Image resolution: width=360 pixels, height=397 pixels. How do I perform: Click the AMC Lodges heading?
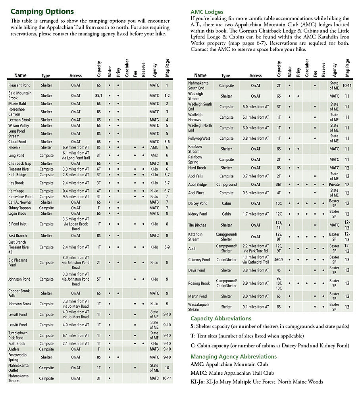[x=207, y=12]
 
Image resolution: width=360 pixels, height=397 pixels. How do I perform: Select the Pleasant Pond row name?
[x=19, y=85]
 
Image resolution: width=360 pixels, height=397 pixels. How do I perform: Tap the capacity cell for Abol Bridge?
[x=279, y=185]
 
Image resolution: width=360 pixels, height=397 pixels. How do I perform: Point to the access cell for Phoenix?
[x=76, y=147]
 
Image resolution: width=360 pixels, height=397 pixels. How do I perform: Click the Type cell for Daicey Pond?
[x=226, y=203]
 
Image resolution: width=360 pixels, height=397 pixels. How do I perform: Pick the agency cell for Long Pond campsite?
[x=154, y=155]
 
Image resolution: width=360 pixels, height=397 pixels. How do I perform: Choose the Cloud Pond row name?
[x=17, y=141]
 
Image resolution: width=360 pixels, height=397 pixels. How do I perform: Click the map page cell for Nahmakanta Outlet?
[x=167, y=368]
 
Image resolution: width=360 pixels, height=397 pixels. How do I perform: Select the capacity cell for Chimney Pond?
[x=279, y=260]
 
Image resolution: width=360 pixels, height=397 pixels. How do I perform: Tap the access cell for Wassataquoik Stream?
[x=256, y=306]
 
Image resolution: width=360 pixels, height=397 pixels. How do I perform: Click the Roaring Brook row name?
[x=199, y=283]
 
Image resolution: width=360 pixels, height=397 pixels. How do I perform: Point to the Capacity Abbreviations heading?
[x=221, y=318]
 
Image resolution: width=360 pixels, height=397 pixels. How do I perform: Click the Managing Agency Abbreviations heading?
[x=233, y=357]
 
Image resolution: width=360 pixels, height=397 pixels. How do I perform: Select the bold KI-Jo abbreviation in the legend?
[x=197, y=382]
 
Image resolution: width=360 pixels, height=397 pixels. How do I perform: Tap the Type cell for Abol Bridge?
[x=226, y=185]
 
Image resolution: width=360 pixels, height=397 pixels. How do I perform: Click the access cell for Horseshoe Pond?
[x=76, y=197]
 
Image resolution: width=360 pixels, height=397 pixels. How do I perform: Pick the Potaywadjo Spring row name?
[x=19, y=357]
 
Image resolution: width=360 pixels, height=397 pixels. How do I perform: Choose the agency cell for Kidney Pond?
[x=334, y=214]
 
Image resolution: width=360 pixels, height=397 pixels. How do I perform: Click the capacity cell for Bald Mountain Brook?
[x=99, y=95]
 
